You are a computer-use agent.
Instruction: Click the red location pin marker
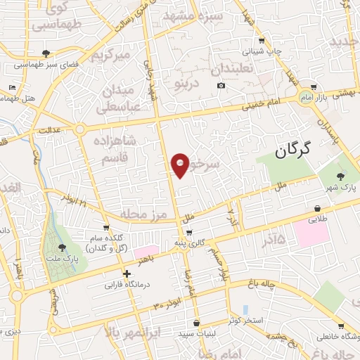click(181, 165)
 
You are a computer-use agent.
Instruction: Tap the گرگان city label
click(292, 149)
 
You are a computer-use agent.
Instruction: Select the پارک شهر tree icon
click(341, 176)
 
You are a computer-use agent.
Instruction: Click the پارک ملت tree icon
click(63, 247)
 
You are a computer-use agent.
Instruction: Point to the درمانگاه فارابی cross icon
click(127, 274)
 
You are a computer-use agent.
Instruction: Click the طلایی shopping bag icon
click(319, 209)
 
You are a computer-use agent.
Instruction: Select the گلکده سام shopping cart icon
click(106, 228)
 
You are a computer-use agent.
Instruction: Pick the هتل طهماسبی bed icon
click(11, 87)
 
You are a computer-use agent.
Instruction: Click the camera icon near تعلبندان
click(221, 86)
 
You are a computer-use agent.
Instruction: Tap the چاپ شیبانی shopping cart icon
click(262, 41)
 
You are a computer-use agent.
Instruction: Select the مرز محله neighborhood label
click(141, 212)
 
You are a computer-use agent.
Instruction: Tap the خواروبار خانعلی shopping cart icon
click(341, 326)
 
